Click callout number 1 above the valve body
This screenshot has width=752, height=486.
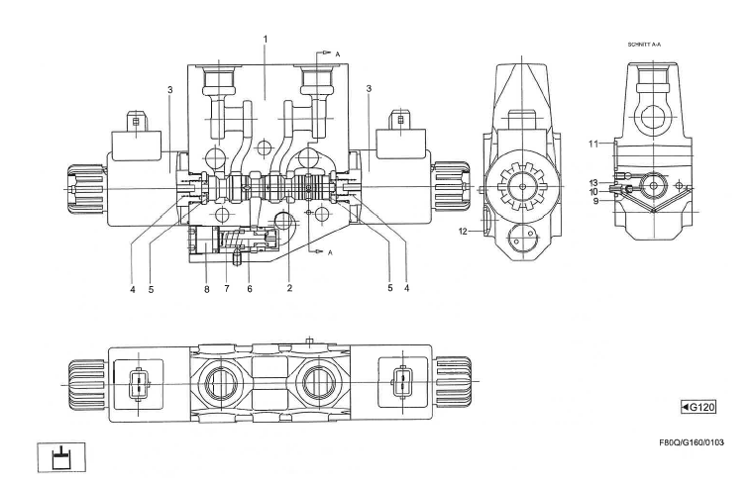click(x=266, y=39)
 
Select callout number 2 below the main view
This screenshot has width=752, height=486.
click(x=289, y=288)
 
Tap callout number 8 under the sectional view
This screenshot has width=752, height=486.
click(x=207, y=289)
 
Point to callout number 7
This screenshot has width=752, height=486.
click(x=226, y=289)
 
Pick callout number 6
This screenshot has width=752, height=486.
click(x=250, y=289)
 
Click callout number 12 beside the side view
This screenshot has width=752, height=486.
click(x=463, y=232)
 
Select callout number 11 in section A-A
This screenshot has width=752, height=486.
click(x=593, y=144)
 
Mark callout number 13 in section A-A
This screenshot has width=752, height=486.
click(x=593, y=182)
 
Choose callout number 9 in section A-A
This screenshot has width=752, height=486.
click(x=595, y=201)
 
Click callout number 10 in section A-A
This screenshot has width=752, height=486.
click(x=593, y=192)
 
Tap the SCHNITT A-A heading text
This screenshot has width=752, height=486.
click(x=644, y=45)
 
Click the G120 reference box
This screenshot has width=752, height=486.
click(x=698, y=408)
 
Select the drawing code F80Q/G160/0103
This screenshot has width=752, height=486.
click(x=692, y=442)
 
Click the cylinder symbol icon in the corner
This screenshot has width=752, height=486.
click(x=61, y=457)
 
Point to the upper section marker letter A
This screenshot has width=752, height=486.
click(x=338, y=54)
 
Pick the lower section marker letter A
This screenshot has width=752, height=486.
click(x=330, y=252)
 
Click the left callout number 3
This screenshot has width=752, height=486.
click(x=170, y=90)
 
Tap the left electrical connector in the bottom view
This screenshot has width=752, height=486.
click(x=138, y=384)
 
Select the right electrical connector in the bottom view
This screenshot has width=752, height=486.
click(x=402, y=384)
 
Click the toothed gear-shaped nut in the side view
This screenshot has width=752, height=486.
click(x=521, y=186)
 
